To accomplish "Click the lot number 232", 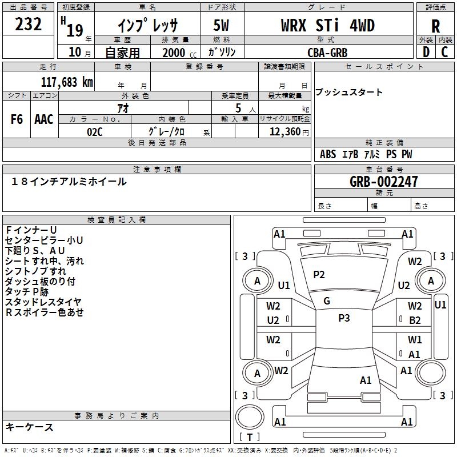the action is pyautogui.click(x=28, y=24).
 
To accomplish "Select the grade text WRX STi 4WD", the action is pyautogui.click(x=328, y=25).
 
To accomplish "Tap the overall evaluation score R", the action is pyautogui.click(x=435, y=26).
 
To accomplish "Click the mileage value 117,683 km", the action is pyautogui.click(x=67, y=82).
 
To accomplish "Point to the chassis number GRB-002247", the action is pyautogui.click(x=383, y=182).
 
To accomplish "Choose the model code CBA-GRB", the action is pyautogui.click(x=327, y=53).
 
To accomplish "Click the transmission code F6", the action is pyautogui.click(x=17, y=119).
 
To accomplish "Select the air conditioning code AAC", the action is pyautogui.click(x=44, y=119).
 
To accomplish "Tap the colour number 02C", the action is pyautogui.click(x=95, y=132).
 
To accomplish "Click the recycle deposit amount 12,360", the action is pyautogui.click(x=285, y=132).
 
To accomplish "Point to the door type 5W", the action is pyautogui.click(x=221, y=25).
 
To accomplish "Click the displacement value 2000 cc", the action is pyautogui.click(x=179, y=53).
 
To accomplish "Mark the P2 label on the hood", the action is pyautogui.click(x=319, y=275).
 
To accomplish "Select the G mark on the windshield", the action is pyautogui.click(x=327, y=301).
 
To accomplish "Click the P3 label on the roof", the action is pyautogui.click(x=344, y=318).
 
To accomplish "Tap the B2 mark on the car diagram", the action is pyautogui.click(x=415, y=320).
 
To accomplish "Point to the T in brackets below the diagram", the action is pyautogui.click(x=250, y=437).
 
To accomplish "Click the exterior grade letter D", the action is pyautogui.click(x=426, y=52).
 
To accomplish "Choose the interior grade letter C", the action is pyautogui.click(x=444, y=52).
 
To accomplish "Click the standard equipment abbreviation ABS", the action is pyautogui.click(x=328, y=154).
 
